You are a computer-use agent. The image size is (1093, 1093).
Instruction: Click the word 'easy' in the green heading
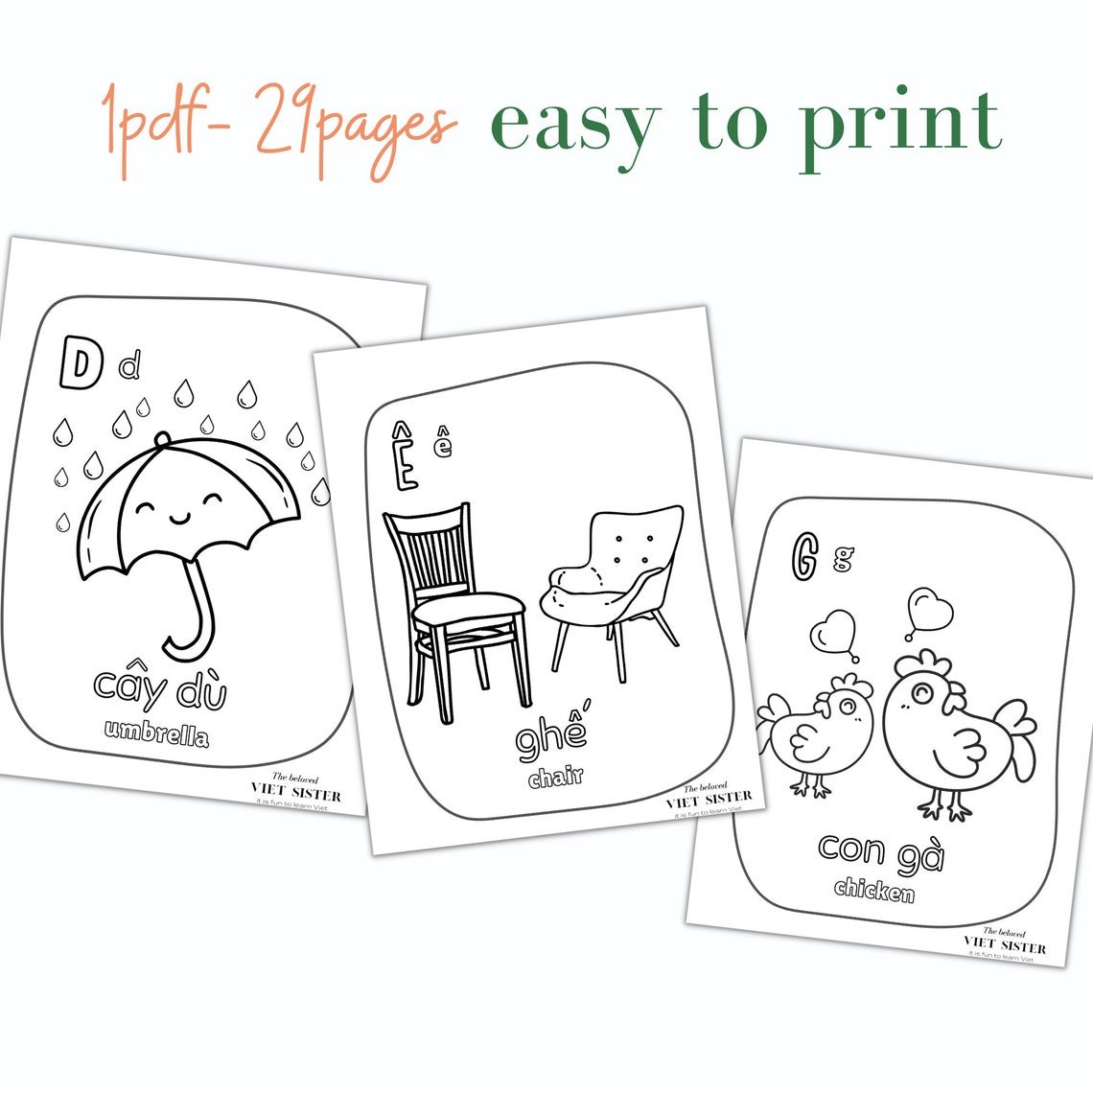click(x=574, y=125)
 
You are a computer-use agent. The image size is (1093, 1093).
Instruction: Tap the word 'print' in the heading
click(x=900, y=125)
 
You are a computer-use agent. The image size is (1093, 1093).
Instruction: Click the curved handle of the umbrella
click(x=192, y=618)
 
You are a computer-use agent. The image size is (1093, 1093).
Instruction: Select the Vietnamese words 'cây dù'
click(x=160, y=686)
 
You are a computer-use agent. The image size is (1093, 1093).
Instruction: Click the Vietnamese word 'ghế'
click(x=551, y=735)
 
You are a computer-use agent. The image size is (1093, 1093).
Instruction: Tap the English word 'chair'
click(x=556, y=777)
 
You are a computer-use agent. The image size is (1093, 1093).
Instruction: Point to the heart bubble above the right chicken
click(x=929, y=611)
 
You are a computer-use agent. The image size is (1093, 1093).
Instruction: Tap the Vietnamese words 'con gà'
click(x=881, y=849)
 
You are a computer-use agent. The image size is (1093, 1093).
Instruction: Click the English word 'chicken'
click(x=873, y=890)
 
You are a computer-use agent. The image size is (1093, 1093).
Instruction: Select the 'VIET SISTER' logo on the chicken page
click(x=1004, y=943)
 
